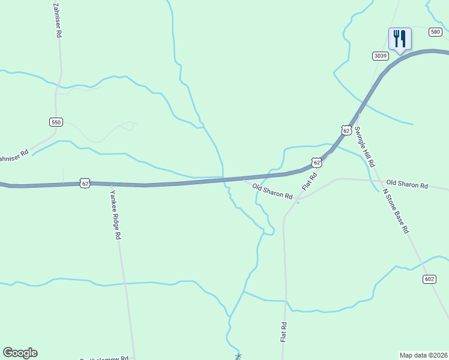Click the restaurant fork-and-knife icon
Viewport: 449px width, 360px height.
(400, 39)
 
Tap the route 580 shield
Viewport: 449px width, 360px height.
(436, 32)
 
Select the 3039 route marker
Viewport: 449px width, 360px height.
(380, 56)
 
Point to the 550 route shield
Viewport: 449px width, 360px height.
(56, 122)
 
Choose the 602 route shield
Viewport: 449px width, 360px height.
(429, 279)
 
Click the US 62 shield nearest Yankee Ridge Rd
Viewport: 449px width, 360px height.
(85, 183)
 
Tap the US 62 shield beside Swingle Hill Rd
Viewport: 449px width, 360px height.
(346, 130)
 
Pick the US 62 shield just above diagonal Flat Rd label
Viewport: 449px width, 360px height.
(316, 163)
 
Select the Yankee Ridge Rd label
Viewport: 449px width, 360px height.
(115, 214)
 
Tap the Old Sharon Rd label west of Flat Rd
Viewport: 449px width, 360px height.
(272, 191)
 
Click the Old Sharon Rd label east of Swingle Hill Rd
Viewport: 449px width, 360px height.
(407, 184)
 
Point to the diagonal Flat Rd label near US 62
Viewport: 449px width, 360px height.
(310, 181)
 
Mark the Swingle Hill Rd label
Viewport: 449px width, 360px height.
(364, 147)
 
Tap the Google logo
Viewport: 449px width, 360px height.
(20, 353)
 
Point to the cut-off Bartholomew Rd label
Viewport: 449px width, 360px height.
(104, 358)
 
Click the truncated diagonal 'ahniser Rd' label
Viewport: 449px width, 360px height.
(14, 157)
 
